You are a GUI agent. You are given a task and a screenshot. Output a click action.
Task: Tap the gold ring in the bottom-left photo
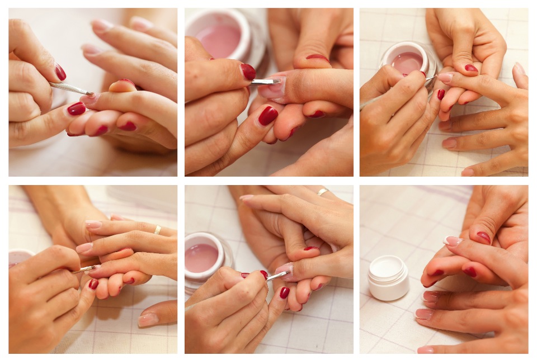158,229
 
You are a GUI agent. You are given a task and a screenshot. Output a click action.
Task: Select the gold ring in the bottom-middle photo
323,192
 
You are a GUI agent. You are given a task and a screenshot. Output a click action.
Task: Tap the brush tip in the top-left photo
84,91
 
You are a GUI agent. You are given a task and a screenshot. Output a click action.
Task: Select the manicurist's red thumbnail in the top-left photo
60,72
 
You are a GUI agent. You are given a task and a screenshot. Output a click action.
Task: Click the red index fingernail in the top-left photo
77,108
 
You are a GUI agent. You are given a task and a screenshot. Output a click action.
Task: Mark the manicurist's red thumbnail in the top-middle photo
248,72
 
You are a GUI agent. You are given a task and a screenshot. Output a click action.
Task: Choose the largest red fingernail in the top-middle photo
268,115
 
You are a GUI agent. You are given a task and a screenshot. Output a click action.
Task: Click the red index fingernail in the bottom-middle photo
285,292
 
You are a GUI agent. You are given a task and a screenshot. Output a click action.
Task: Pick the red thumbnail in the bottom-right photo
483,237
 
